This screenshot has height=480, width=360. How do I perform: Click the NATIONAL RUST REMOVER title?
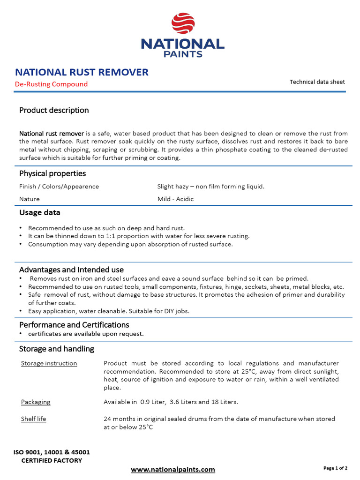coord(82,72)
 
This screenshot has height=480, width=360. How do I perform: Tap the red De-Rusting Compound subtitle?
coord(51,84)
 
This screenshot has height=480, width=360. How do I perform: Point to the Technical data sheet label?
coord(317,82)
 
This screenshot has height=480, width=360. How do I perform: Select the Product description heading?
coord(54,110)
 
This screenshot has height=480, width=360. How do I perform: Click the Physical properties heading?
coord(52,173)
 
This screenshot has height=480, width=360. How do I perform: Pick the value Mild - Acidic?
coord(175,199)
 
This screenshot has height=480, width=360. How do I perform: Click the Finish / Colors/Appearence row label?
coord(59,187)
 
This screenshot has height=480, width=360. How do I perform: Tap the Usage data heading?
coord(40,212)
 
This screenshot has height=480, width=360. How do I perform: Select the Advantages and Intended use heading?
coord(71,270)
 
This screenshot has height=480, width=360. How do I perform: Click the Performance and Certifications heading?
coord(74,325)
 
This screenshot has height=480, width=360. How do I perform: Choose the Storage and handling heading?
coord(57,349)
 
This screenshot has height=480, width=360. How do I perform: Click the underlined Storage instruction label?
coord(49,363)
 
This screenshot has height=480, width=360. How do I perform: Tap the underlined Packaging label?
coord(36,402)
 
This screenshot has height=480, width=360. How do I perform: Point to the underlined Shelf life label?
coord(34,419)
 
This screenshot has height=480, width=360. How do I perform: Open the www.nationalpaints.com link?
coord(173,469)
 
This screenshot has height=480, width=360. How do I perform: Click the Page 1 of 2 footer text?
coord(336,468)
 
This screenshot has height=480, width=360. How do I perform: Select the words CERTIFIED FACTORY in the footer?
coord(52,460)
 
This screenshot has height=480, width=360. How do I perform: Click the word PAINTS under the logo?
coord(183,54)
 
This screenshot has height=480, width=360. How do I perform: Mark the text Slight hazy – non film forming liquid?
coord(211,187)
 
